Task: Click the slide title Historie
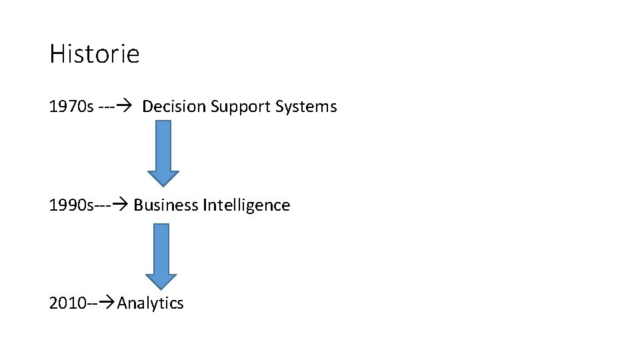pyautogui.click(x=94, y=54)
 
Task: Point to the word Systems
pyautogui.click(x=306, y=107)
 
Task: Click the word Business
pyautogui.click(x=165, y=205)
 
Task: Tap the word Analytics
pyautogui.click(x=151, y=304)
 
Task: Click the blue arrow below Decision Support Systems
pyautogui.click(x=163, y=152)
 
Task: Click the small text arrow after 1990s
pyautogui.click(x=122, y=205)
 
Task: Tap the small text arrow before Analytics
pyautogui.click(x=108, y=304)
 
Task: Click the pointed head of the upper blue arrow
pyautogui.click(x=163, y=178)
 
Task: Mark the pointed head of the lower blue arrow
pyautogui.click(x=161, y=282)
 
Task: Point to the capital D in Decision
pyautogui.click(x=148, y=107)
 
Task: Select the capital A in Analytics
pyautogui.click(x=123, y=304)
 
